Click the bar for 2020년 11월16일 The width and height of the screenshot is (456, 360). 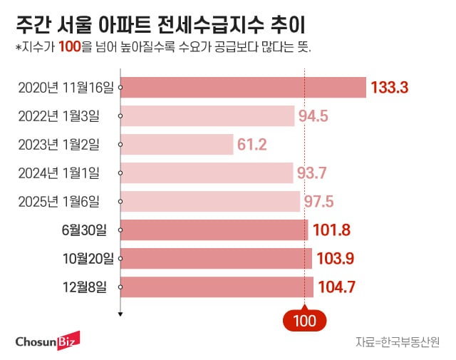pos(244,88)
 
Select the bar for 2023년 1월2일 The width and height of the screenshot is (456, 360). pos(177,145)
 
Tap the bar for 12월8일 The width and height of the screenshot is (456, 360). pos(217,287)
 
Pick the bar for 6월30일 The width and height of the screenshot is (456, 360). pos(214,230)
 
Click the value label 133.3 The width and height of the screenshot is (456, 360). pos(389,88)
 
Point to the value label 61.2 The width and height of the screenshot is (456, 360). pos(252,145)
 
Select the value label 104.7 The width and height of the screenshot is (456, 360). pos(336,288)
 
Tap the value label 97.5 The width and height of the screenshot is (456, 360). pos(319,202)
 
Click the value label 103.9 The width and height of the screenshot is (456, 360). pos(335,259)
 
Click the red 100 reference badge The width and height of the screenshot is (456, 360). pos(304,320)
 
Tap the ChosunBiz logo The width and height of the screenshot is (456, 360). pos(48,340)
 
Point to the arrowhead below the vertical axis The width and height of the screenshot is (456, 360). pos(121,313)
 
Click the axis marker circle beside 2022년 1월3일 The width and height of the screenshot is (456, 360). pos(121,116)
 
